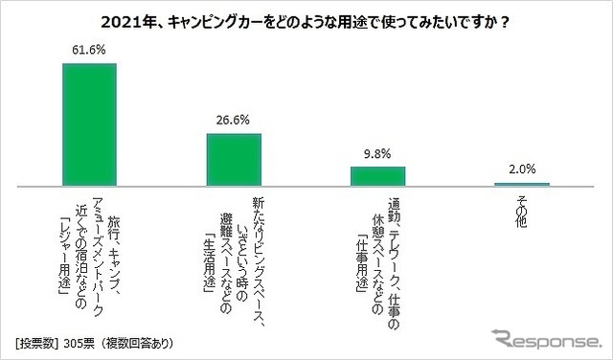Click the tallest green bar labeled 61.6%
coord(89,124)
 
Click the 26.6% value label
coord(234,120)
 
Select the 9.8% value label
coord(377,153)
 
